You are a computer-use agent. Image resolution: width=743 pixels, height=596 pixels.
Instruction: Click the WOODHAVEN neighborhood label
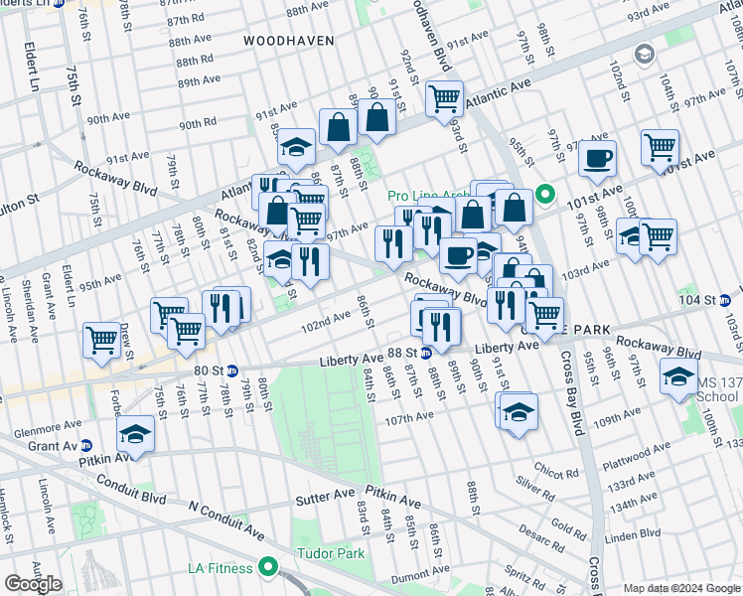[288, 41]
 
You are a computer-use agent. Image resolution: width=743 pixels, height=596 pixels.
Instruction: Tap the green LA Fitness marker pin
[267, 567]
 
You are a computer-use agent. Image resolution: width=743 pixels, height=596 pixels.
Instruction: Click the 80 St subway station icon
[232, 371]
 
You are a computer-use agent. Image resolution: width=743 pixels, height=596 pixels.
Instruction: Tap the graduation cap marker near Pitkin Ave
[136, 434]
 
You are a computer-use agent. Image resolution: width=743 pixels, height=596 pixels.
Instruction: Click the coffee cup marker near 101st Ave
[597, 158]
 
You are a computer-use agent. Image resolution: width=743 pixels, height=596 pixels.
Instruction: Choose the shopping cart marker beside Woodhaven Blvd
[444, 98]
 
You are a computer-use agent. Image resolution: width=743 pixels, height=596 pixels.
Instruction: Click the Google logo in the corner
[33, 583]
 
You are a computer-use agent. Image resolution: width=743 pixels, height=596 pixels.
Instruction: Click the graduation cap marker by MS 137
[678, 377]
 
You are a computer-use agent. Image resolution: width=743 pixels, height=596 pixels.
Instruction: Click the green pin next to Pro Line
[544, 194]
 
